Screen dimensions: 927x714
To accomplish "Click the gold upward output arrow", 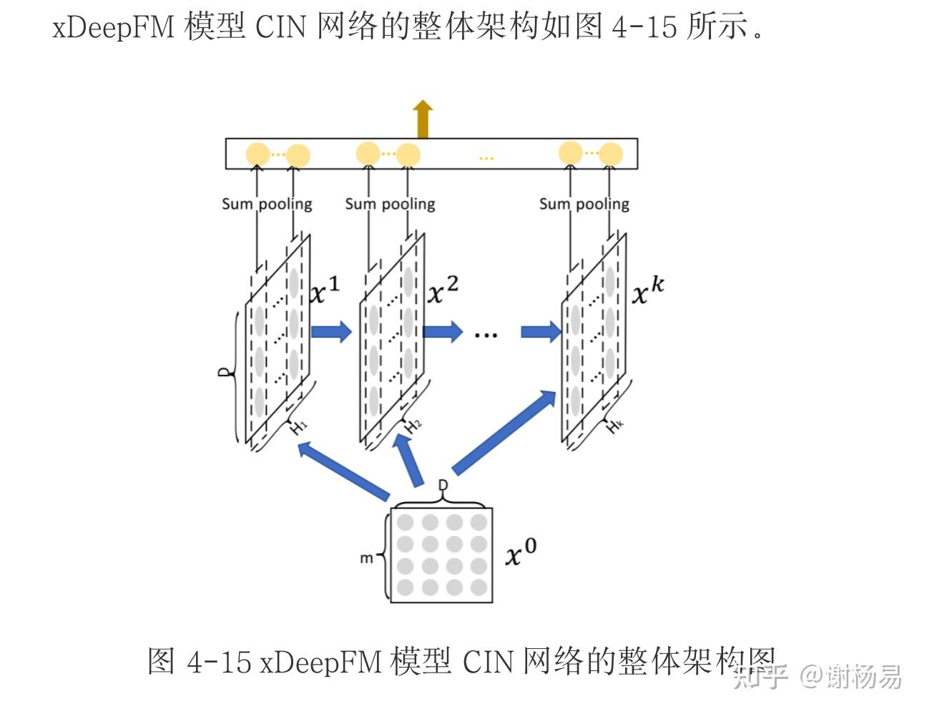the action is [x=422, y=119].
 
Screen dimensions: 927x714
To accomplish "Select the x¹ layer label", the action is [x=325, y=290].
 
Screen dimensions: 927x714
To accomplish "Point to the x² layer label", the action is [x=443, y=290].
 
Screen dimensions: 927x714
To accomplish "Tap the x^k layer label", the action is [x=647, y=290].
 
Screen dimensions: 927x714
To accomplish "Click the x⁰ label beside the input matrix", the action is [x=521, y=552].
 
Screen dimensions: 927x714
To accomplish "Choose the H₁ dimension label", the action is [x=298, y=426].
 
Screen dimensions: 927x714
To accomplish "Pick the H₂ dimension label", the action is [x=413, y=426].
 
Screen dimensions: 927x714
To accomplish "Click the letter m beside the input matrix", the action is [x=366, y=558].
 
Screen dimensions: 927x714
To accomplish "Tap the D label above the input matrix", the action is [x=443, y=485].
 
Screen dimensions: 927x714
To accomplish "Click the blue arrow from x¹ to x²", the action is [x=331, y=331].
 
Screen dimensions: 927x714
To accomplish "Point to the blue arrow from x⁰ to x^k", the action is [x=504, y=432].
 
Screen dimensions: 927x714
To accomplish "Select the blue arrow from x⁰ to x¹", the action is [x=343, y=471].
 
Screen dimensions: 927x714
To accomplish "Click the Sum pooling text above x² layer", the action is [x=390, y=205].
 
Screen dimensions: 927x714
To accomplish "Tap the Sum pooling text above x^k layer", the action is [x=584, y=205].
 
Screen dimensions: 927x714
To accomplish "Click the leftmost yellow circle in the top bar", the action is [x=257, y=155].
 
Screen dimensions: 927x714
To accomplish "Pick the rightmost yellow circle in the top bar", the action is [x=610, y=155].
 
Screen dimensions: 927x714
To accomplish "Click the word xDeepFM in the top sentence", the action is [x=113, y=26].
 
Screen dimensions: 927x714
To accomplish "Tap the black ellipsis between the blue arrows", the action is [x=486, y=336].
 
